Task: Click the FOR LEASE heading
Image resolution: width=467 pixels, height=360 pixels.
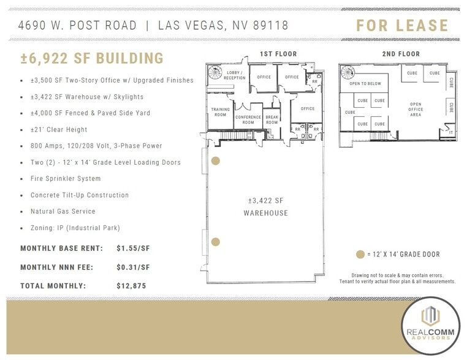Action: point(403,26)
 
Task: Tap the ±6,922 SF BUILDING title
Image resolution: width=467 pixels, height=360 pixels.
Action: point(92,59)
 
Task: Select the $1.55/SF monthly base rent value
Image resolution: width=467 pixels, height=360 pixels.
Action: point(133,249)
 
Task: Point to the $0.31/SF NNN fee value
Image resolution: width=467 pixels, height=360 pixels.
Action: point(133,268)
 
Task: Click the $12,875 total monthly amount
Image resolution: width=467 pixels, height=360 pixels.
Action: point(131,286)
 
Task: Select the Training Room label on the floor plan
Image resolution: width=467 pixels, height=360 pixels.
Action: point(220,112)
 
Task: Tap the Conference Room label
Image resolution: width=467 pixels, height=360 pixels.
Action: point(248,119)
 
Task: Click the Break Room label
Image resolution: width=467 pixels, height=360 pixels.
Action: point(271,119)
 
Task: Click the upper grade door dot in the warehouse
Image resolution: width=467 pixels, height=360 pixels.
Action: point(215,162)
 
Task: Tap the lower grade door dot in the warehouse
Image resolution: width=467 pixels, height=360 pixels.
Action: point(215,242)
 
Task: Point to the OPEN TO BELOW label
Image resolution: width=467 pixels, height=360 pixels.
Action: point(365,84)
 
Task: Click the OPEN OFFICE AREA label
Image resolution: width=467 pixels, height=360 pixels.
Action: point(416,108)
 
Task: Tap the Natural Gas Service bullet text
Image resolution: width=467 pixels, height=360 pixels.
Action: point(63,211)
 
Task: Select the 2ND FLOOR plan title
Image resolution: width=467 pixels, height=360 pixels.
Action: point(401,54)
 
